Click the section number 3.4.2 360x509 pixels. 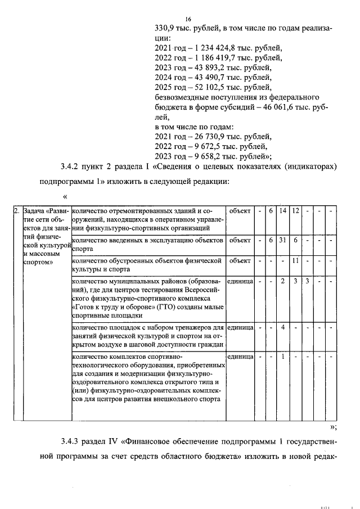point(70,167)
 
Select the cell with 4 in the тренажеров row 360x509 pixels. point(283,327)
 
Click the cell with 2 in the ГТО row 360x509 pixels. point(283,281)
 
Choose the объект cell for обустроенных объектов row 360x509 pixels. point(240,260)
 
